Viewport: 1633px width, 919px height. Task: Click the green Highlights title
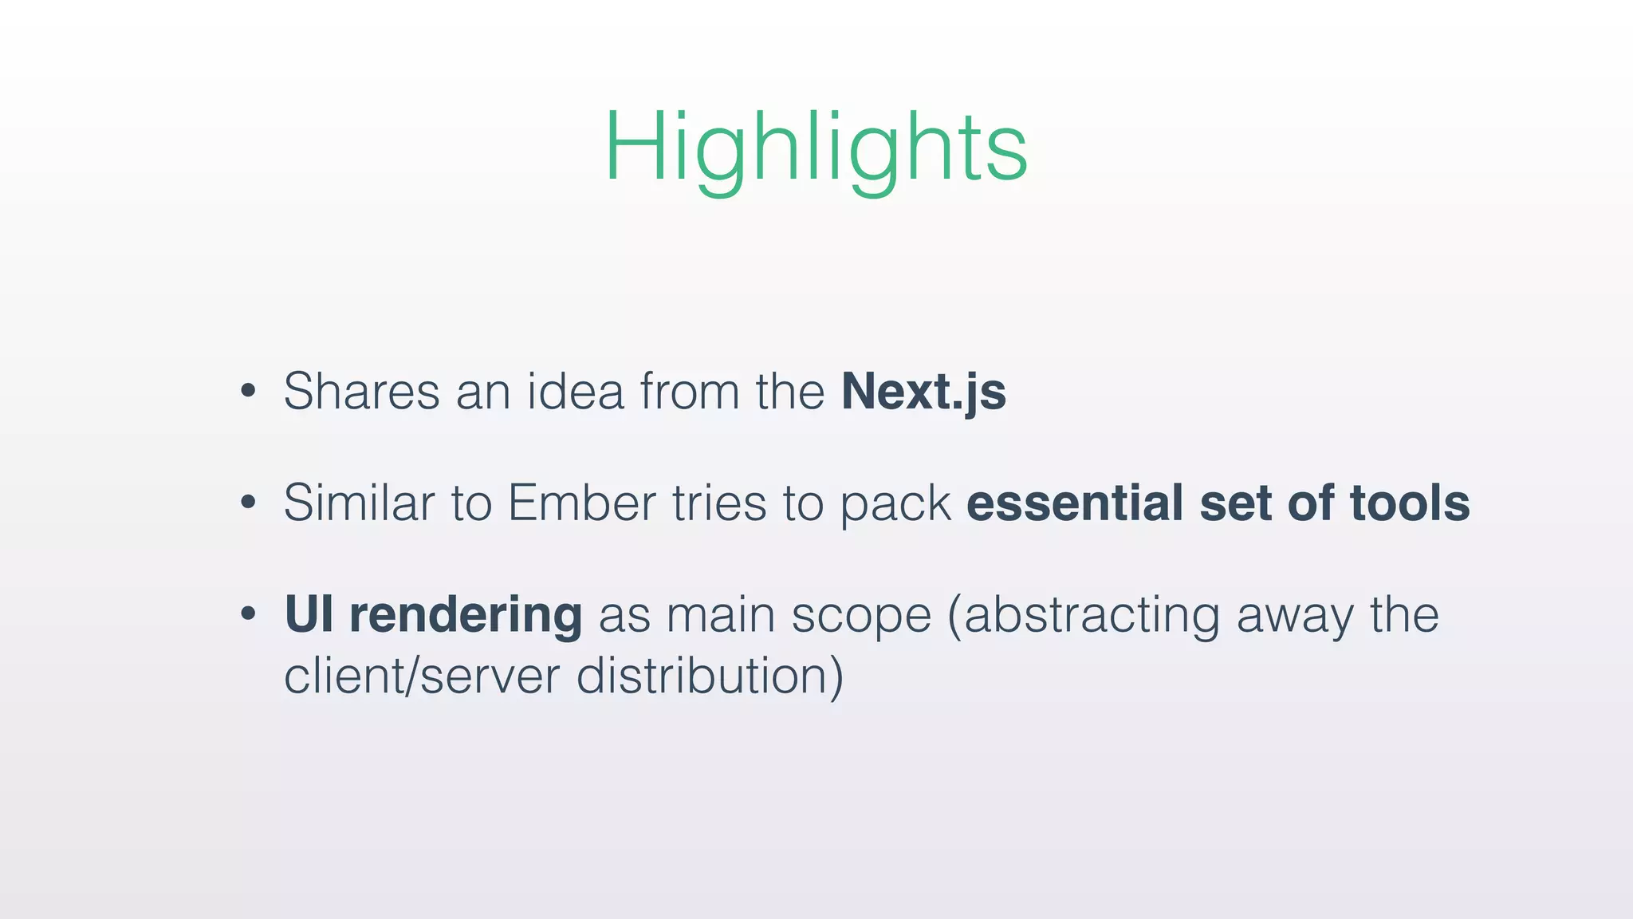pyautogui.click(x=816, y=148)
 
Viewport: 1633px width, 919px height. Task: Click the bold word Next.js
pyautogui.click(x=923, y=392)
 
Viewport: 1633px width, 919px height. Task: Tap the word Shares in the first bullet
pyautogui.click(x=361, y=392)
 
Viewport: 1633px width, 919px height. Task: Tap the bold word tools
pyautogui.click(x=1409, y=503)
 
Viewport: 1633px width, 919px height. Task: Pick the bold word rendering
pyautogui.click(x=466, y=617)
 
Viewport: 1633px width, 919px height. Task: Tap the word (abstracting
pyautogui.click(x=1083, y=617)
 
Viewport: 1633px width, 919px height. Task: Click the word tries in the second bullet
pyautogui.click(x=718, y=503)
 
